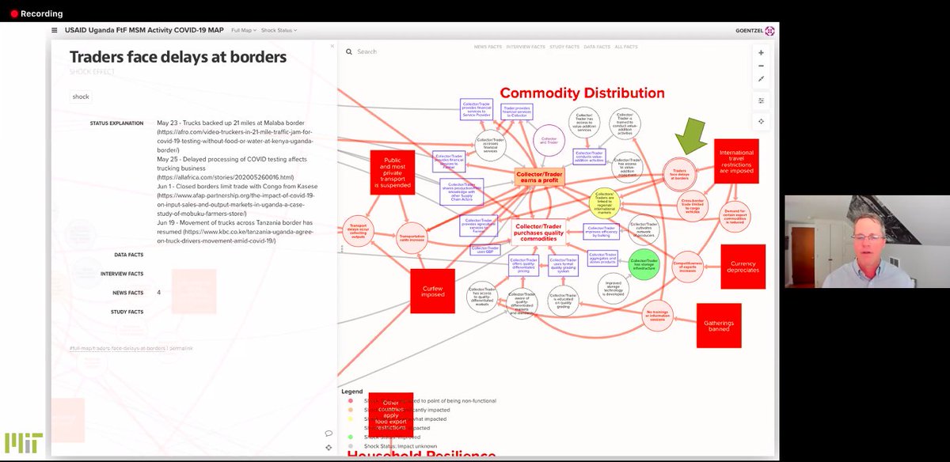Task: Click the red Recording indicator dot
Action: pyautogui.click(x=13, y=13)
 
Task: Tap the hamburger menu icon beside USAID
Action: pyautogui.click(x=54, y=31)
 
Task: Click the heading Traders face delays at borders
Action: pyautogui.click(x=177, y=57)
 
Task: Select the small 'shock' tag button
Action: pyautogui.click(x=81, y=97)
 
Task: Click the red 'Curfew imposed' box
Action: pyautogui.click(x=432, y=290)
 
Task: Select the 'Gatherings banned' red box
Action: pyautogui.click(x=718, y=325)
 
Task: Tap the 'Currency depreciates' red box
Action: pyautogui.click(x=743, y=267)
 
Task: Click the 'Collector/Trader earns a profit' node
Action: pyautogui.click(x=539, y=176)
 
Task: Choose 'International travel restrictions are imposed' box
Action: pyautogui.click(x=736, y=161)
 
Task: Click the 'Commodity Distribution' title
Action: pyautogui.click(x=582, y=93)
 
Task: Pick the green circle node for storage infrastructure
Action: pyautogui.click(x=644, y=263)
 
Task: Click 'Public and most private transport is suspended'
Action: pyautogui.click(x=392, y=172)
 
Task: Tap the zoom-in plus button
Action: pyautogui.click(x=761, y=52)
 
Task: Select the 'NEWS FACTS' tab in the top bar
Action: pyautogui.click(x=486, y=47)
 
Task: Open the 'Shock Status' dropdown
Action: pyautogui.click(x=279, y=31)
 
